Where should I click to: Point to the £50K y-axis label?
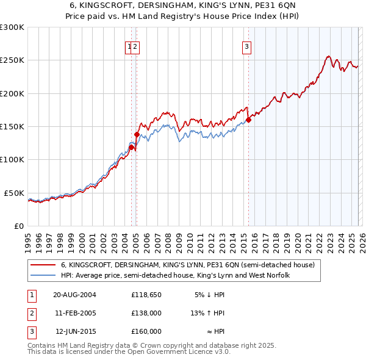(14, 193)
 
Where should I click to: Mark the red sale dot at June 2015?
(249, 120)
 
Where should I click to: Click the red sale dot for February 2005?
(137, 134)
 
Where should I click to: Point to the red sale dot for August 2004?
(132, 147)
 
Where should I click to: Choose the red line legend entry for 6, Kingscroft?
(187, 265)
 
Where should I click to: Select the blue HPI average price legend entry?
(175, 276)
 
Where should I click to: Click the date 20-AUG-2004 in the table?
(74, 295)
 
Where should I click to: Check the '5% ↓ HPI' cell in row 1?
(210, 295)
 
